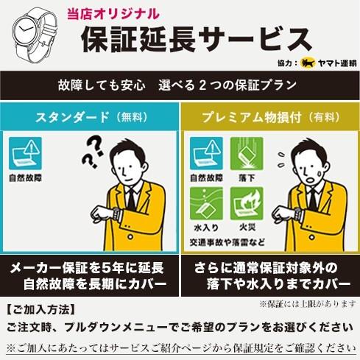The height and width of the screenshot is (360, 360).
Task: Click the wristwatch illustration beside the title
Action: tap(35, 34)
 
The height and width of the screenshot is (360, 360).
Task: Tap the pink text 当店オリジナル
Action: tap(113, 14)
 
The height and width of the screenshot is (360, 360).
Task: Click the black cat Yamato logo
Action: tap(308, 63)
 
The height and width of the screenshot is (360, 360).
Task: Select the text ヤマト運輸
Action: tap(337, 63)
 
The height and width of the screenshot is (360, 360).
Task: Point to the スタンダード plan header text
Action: tap(72, 117)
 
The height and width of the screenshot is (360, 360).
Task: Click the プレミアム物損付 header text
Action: tap(252, 117)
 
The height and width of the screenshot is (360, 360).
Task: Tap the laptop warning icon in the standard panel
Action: tap(25, 153)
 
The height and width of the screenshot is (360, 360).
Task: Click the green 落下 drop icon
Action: tap(247, 154)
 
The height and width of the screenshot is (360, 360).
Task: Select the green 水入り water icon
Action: tap(206, 203)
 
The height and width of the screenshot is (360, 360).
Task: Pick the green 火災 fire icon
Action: tap(247, 203)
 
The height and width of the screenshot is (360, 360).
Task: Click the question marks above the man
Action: tap(93, 153)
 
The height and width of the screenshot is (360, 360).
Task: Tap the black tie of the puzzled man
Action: tap(131, 200)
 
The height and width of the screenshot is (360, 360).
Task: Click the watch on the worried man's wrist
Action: tap(298, 214)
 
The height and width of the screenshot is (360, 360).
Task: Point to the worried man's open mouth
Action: tap(311, 180)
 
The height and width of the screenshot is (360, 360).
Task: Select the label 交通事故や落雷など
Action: tap(227, 242)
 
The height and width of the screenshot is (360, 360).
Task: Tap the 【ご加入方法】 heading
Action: tap(40, 310)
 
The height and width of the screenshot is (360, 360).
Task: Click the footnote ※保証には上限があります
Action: tap(308, 304)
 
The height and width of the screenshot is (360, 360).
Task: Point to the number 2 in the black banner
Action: tap(202, 85)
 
